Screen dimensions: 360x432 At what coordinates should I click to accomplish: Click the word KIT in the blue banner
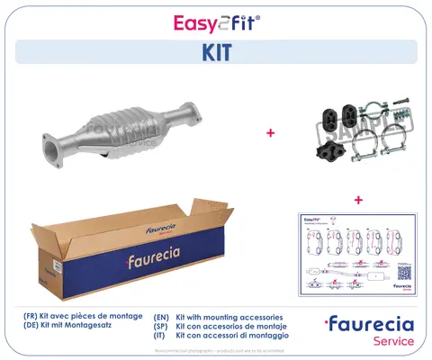(x=216, y=52)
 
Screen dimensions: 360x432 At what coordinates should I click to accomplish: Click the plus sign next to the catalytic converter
(x=271, y=132)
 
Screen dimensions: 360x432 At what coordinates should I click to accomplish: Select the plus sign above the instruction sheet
(x=357, y=199)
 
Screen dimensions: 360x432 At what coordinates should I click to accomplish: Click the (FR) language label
(x=32, y=317)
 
